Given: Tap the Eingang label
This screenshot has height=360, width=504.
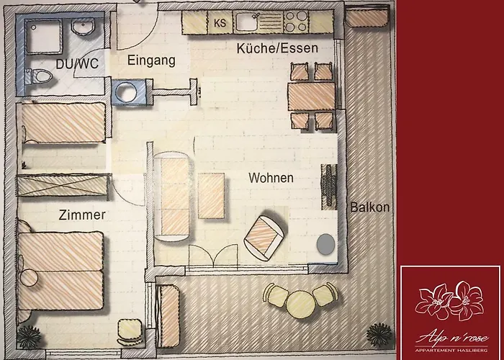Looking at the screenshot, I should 151,62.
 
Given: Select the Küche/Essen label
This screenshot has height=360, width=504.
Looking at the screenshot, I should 277,48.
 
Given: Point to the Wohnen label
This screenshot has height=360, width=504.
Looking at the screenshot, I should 271,177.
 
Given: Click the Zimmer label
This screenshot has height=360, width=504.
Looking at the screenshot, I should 82,215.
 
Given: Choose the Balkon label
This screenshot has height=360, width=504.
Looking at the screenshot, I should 370,207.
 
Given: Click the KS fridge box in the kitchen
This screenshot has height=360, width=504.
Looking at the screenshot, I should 220,23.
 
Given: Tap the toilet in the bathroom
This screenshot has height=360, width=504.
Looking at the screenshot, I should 41,76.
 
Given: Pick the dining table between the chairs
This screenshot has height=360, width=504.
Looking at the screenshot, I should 311,94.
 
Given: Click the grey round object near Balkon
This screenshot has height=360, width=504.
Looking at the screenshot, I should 326,244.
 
